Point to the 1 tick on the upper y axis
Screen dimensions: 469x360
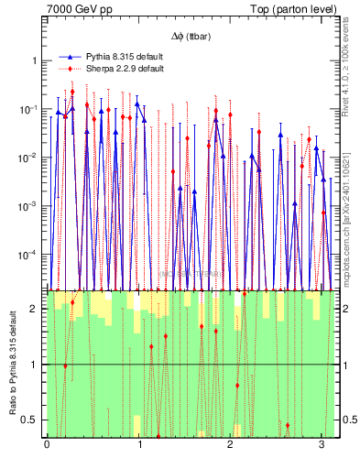point(37,60)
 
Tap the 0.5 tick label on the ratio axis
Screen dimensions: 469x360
point(32,420)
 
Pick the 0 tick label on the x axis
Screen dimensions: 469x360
point(47,446)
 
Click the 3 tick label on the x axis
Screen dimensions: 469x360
point(322,446)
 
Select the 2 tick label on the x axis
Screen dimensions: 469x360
point(231,446)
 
